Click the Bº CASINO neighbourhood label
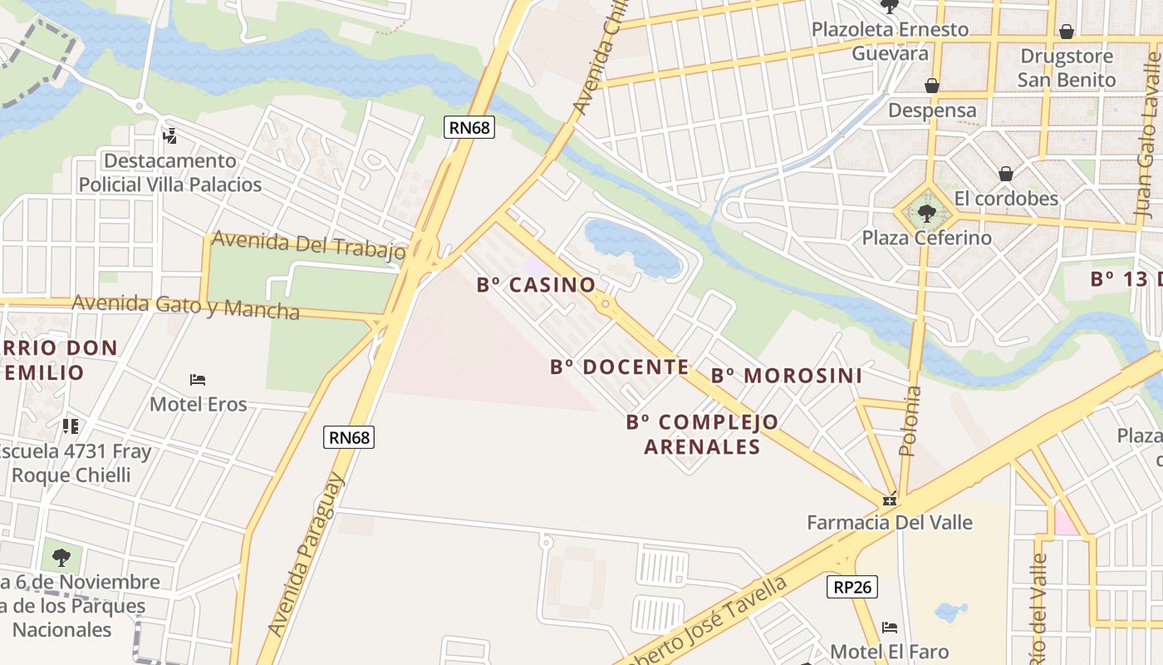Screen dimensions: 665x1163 coord(536,285)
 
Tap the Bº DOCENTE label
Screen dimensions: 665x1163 coord(620,367)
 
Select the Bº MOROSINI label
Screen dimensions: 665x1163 coord(787,376)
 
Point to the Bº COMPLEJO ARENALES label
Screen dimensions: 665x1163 coord(703,434)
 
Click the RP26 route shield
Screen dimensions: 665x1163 coord(852,587)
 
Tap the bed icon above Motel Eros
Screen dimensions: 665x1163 coord(198,380)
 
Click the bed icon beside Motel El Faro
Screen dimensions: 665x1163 coord(890,628)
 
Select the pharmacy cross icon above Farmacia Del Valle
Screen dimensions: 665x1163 coord(890,500)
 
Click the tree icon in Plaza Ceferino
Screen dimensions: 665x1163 coord(926,214)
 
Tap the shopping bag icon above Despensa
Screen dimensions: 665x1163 coord(932,86)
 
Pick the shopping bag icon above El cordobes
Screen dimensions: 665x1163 coord(1006,174)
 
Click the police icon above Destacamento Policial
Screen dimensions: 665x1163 coord(170,135)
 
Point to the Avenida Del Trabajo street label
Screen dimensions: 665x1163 coord(308,245)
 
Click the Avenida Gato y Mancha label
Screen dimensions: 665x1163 coord(185,306)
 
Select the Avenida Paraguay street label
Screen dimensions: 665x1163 coord(306,555)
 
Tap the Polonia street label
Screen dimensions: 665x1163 coord(910,421)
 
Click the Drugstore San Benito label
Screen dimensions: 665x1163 coord(1067,68)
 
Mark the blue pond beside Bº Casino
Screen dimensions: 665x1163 coord(631,247)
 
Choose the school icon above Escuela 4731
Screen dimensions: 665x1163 coord(71,426)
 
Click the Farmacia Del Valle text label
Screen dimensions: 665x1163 coord(890,523)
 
